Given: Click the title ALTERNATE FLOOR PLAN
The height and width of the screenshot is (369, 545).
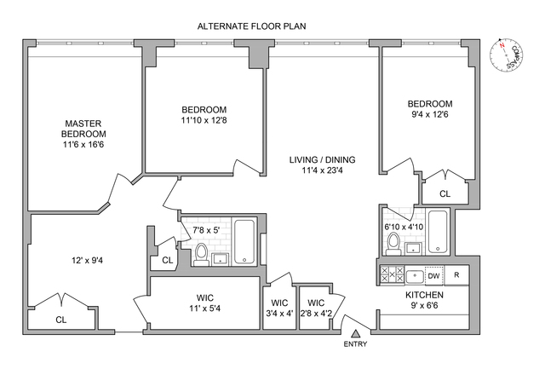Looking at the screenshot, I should coord(251,26).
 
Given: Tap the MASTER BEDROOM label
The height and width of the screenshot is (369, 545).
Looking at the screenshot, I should coord(83,134).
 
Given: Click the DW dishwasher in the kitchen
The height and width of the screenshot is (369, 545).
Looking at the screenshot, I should coord(433,275).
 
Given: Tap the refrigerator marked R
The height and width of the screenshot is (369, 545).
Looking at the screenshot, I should coord(456,275).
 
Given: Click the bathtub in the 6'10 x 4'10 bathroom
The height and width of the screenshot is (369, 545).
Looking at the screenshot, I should coord(437,234).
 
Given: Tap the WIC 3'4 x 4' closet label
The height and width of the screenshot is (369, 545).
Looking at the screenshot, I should coord(278,307).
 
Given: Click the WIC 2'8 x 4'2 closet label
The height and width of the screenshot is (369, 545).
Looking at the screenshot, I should coord(316,307).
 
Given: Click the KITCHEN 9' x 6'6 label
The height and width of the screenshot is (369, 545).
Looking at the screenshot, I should coord(417,300).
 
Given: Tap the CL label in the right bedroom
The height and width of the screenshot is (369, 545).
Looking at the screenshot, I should coord(445,194).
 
